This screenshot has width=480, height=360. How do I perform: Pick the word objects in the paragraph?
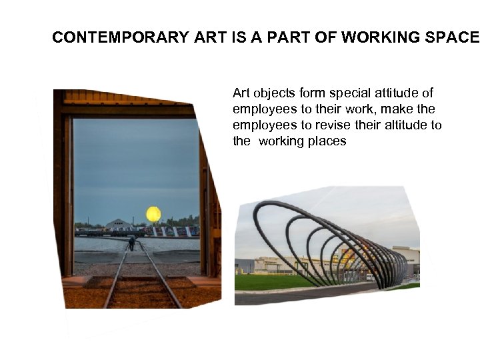click(x=273, y=93)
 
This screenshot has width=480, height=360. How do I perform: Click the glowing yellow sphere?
click(x=153, y=214)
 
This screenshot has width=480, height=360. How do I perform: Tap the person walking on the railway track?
click(x=131, y=243)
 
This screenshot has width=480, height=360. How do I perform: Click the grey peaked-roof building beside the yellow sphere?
click(x=119, y=224)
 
